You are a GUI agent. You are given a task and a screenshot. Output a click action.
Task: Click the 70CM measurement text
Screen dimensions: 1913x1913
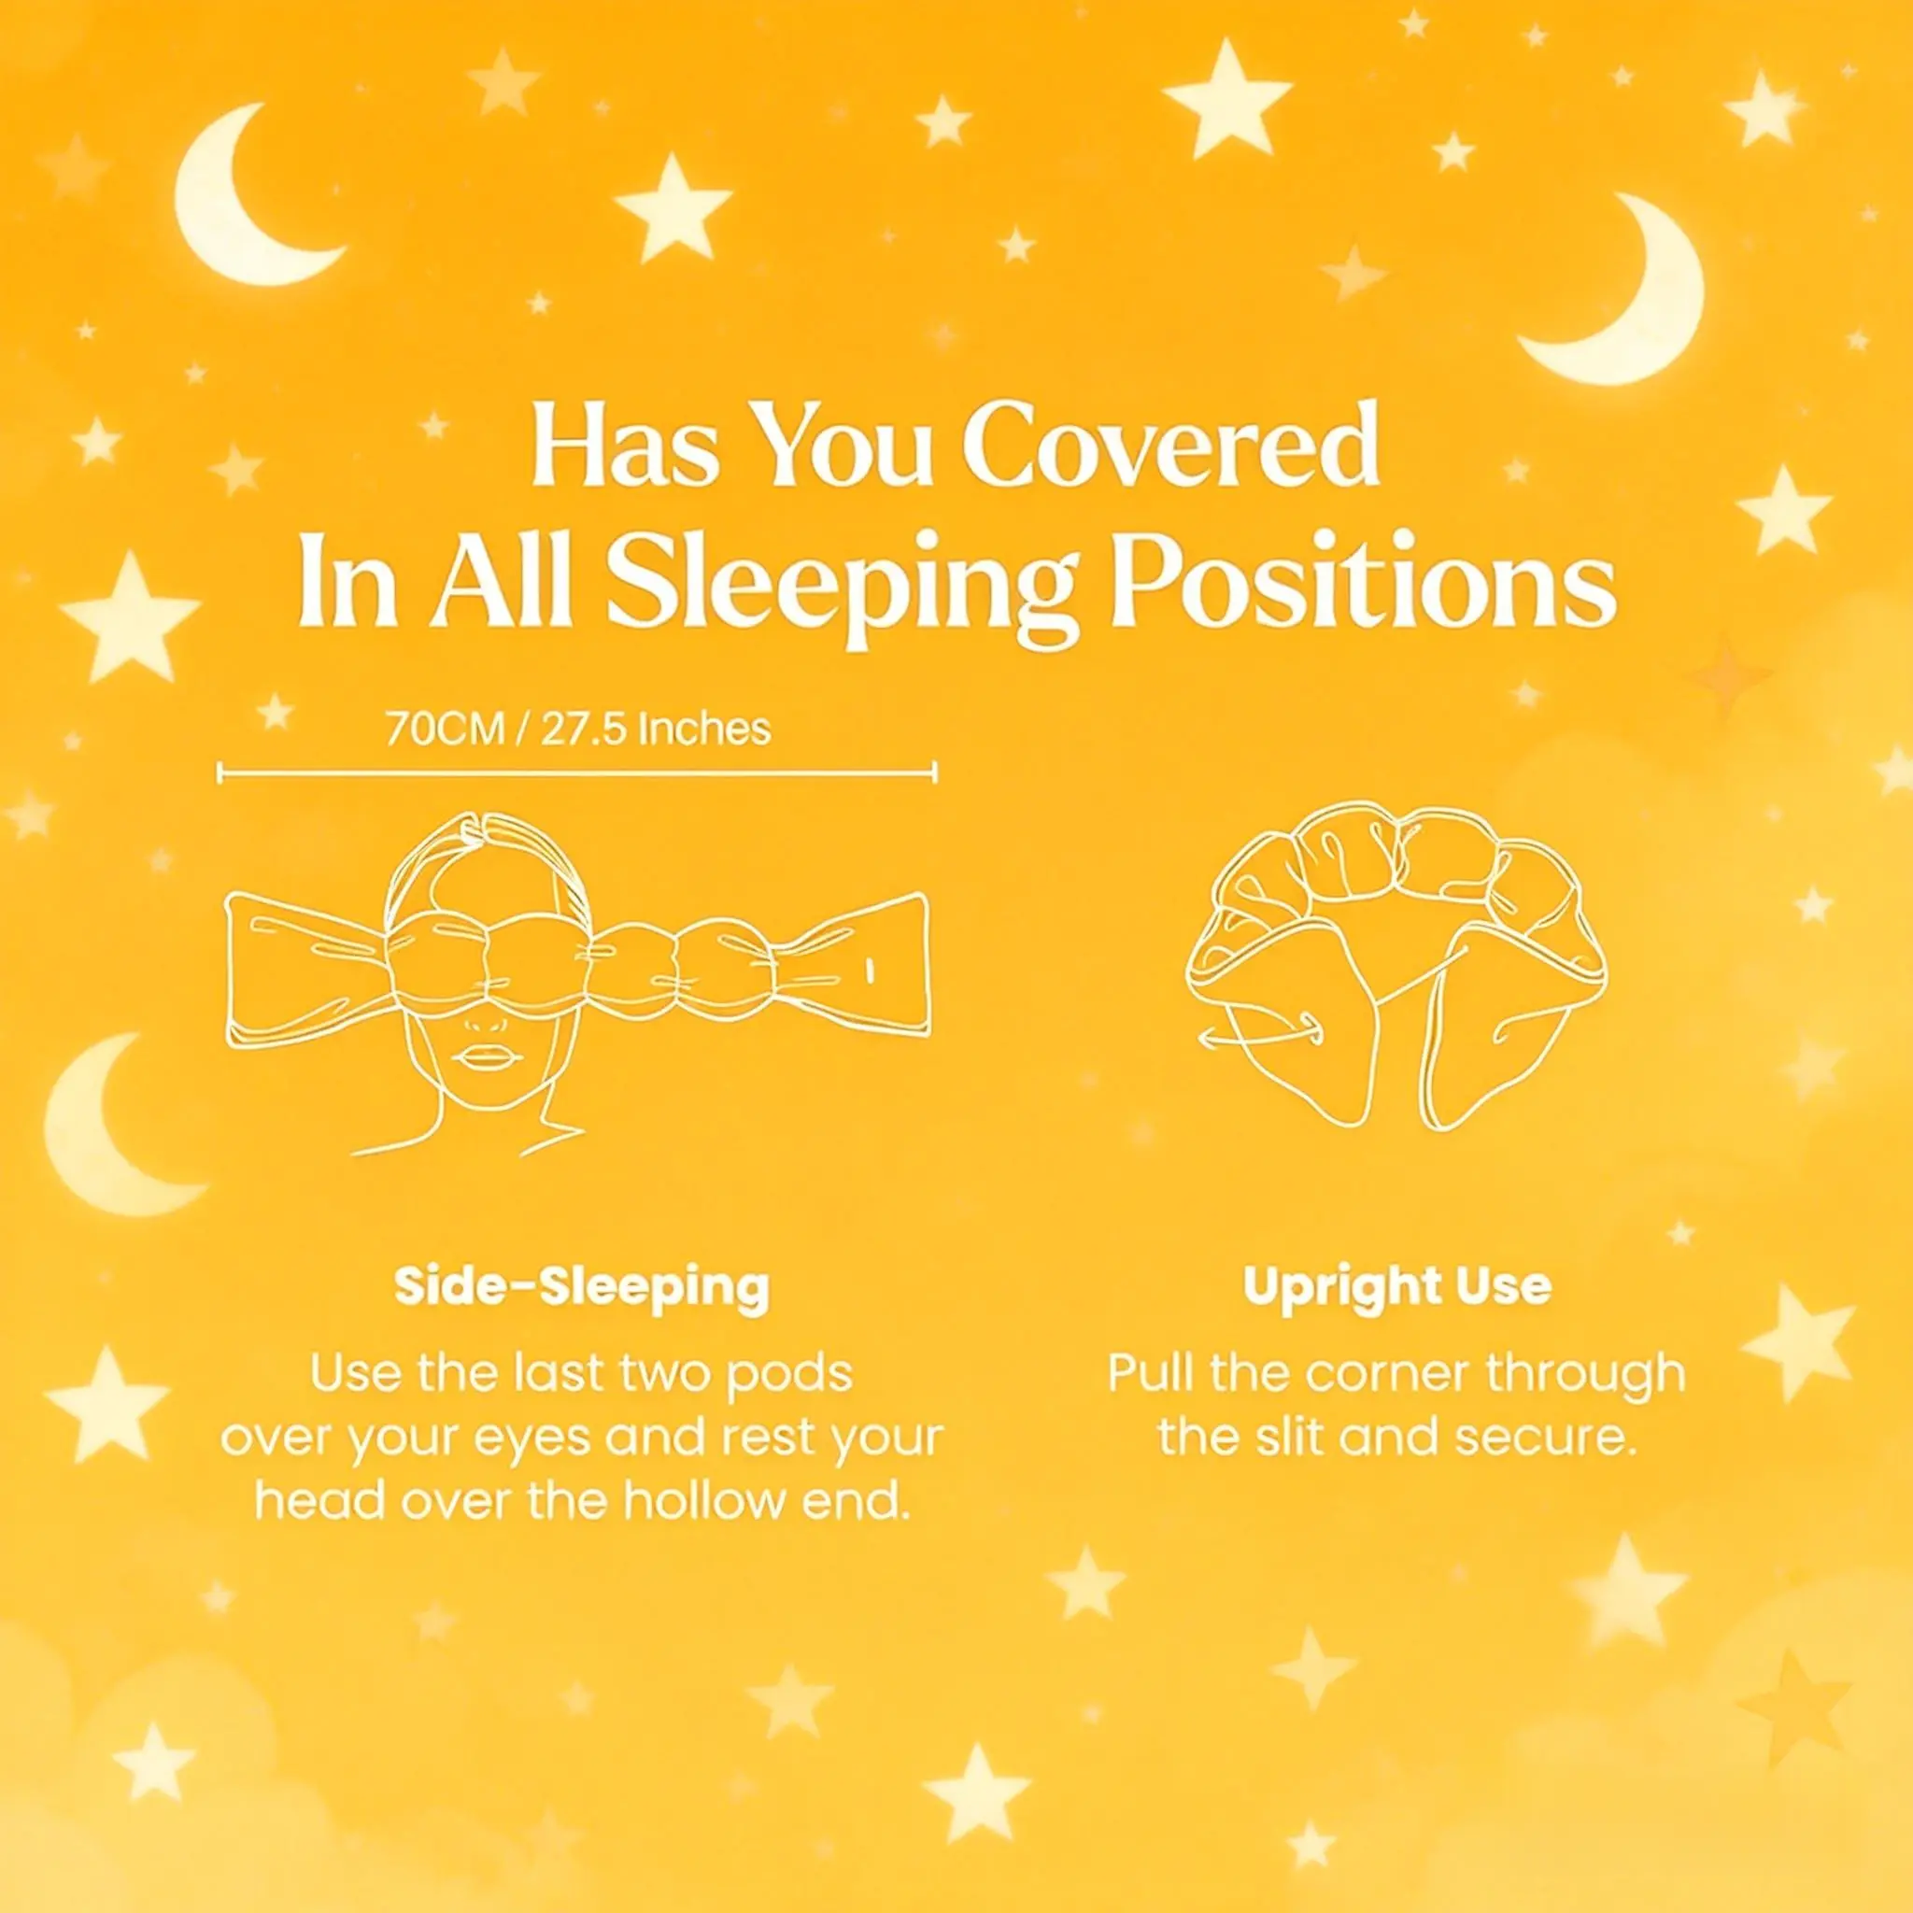click(x=445, y=729)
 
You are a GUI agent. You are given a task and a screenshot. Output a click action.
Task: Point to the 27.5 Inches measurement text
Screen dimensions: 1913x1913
click(x=656, y=729)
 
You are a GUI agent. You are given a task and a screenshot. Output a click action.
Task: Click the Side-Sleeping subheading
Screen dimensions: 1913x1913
click(x=581, y=1287)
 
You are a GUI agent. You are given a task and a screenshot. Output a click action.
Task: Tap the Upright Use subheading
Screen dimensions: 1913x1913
click(x=1397, y=1286)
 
